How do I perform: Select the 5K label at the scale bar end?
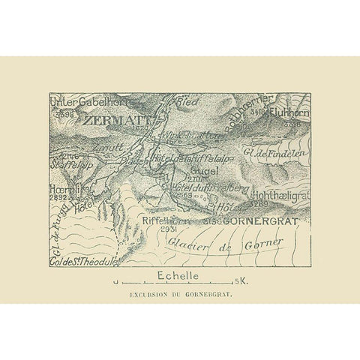240,283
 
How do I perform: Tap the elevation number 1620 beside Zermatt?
139,128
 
